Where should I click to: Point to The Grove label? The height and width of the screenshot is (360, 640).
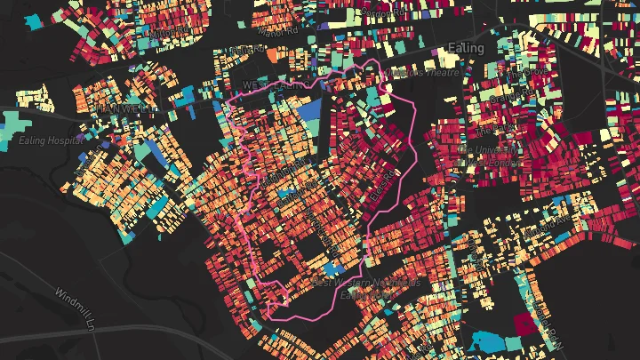tap(533, 70)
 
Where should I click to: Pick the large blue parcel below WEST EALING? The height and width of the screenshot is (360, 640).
tap(309, 112)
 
